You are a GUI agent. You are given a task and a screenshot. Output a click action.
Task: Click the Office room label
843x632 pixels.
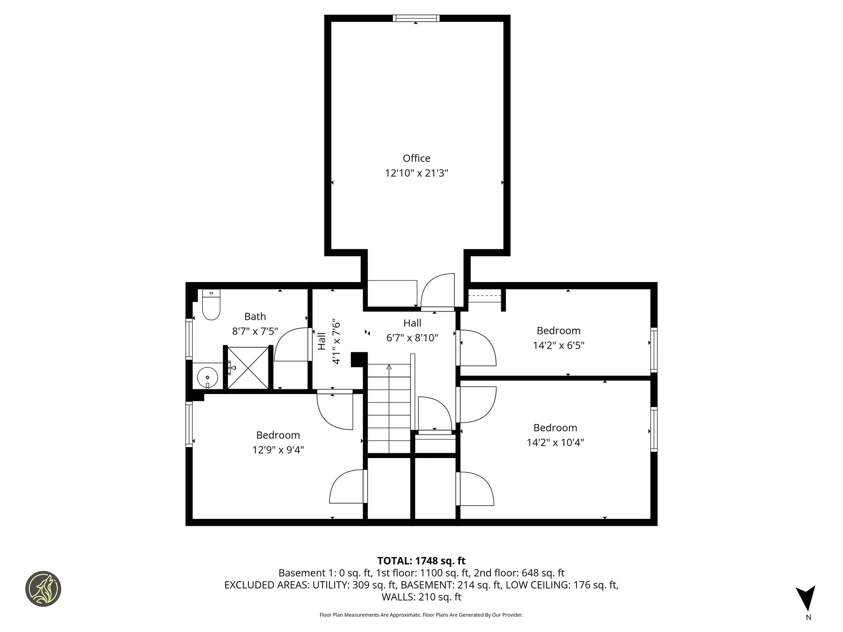coord(416,158)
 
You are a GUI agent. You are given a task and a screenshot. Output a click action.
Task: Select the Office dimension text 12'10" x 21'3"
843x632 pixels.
coord(416,173)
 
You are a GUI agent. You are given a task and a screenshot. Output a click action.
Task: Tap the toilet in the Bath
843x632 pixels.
coord(211,306)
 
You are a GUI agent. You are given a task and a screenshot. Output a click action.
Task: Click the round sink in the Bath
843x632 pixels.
coord(207,377)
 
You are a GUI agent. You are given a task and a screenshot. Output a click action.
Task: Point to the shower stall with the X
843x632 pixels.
coord(248,368)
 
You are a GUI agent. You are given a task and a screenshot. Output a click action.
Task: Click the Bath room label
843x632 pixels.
coord(255,316)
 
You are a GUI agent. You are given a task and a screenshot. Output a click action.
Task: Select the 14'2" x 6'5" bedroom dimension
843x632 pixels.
coord(558,345)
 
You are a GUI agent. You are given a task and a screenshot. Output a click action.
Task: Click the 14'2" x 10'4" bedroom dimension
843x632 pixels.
coord(555,442)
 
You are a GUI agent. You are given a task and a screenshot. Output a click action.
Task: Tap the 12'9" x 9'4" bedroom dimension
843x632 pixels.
coord(278,450)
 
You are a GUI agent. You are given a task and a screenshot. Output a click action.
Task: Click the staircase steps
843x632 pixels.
coord(389,408)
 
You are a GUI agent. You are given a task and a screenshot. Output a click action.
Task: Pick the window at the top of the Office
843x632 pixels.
coord(416,18)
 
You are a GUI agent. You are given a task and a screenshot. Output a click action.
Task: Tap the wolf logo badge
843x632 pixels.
coord(43,589)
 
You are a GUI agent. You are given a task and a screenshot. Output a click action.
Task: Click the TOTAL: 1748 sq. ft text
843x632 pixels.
coord(421,561)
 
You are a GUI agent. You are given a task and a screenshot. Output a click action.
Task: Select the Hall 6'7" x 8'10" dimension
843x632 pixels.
coord(412,338)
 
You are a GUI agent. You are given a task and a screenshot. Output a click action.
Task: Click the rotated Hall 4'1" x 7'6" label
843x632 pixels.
coord(329,341)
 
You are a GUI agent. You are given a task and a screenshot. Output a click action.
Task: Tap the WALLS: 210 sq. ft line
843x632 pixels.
coord(421,597)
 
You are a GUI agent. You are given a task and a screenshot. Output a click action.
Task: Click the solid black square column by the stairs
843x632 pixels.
coord(359,359)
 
